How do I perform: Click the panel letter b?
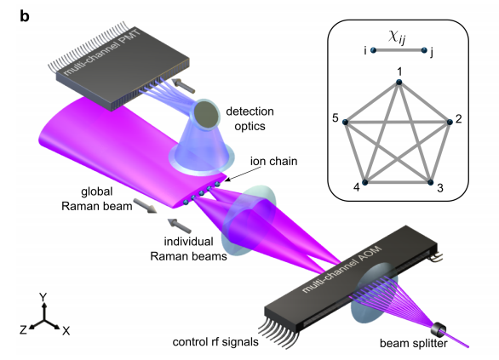pos(25,16)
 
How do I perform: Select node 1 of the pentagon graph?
pos(399,83)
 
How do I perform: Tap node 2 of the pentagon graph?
pos(450,122)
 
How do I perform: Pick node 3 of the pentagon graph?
pos(430,182)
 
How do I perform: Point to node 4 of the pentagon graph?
pos(365,182)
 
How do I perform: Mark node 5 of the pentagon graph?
pos(345,122)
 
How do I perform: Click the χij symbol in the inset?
pos(397,37)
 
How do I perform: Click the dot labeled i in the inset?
pos(374,50)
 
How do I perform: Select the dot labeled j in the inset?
pos(424,50)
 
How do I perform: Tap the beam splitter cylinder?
pos(439,330)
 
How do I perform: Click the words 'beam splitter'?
pos(413,344)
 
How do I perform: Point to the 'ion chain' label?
pos(273,161)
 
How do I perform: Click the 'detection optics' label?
pos(249,118)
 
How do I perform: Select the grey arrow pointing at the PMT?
pos(183,85)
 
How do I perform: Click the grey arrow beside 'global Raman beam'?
pos(145,206)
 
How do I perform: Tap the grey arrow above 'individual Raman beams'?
pos(180,226)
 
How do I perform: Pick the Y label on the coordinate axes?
pos(43,297)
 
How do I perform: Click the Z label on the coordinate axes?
pos(23,330)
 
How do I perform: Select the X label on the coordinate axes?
pos(66,331)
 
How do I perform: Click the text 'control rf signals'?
pos(215,342)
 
